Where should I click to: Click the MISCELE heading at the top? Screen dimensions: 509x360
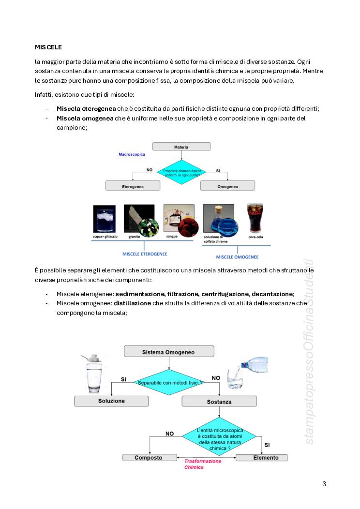pyautogui.click(x=48, y=47)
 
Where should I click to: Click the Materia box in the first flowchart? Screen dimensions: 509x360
pyautogui.click(x=181, y=147)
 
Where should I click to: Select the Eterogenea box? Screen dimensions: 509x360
pyautogui.click(x=133, y=185)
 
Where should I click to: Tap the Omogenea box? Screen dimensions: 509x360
pyautogui.click(x=227, y=185)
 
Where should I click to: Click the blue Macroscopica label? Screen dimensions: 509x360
pyautogui.click(x=132, y=155)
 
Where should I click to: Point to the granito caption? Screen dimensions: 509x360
pyautogui.click(x=134, y=237)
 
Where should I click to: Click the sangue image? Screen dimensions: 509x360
pyautogui.click(x=179, y=218)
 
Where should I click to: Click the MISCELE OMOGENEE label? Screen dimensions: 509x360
pyautogui.click(x=237, y=257)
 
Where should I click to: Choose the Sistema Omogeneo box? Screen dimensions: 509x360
pyautogui.click(x=168, y=352)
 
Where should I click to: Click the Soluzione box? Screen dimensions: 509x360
pyautogui.click(x=111, y=401)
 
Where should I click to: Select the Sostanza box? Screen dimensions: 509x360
pyautogui.click(x=219, y=402)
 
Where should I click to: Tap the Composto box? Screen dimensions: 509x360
pyautogui.click(x=149, y=457)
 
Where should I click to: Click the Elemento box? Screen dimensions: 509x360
pyautogui.click(x=261, y=457)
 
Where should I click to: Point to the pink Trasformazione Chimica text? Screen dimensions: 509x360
pyautogui.click(x=202, y=464)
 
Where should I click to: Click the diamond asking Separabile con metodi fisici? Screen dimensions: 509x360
pyautogui.click(x=169, y=383)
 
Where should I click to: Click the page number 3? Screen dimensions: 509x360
pyautogui.click(x=324, y=484)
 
